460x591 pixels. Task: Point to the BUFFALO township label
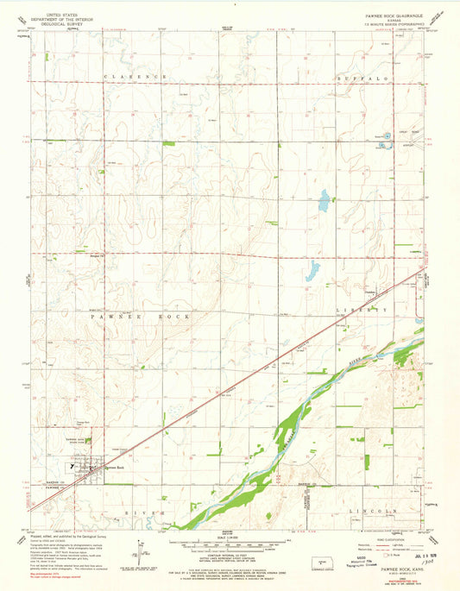point(379,77)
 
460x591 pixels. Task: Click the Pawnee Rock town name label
point(116,468)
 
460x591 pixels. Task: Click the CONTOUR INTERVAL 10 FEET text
point(226,560)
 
